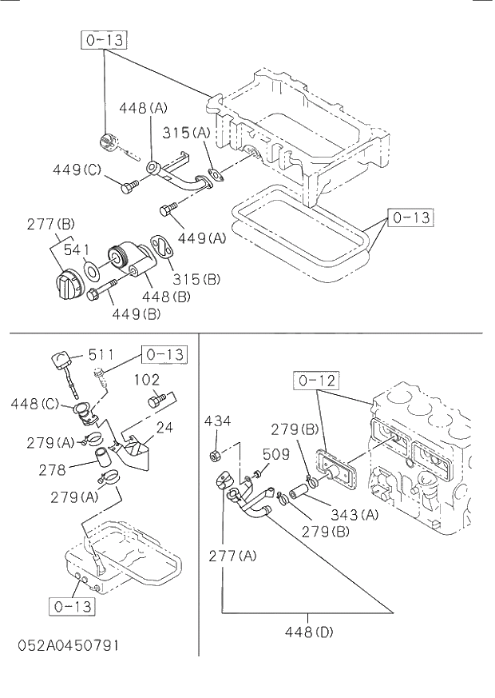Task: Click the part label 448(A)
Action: pyautogui.click(x=144, y=108)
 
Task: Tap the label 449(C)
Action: pyautogui.click(x=77, y=170)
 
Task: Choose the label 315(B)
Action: pyautogui.click(x=196, y=279)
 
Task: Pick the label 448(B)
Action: pyautogui.click(x=165, y=297)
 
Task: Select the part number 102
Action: pyautogui.click(x=147, y=379)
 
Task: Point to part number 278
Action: pyautogui.click(x=52, y=471)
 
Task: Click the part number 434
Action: pyautogui.click(x=217, y=421)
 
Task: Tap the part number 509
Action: pyautogui.click(x=275, y=455)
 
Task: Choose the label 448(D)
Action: pyautogui.click(x=309, y=632)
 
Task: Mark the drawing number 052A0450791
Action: pyautogui.click(x=67, y=645)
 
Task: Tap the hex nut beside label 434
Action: pyautogui.click(x=214, y=457)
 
